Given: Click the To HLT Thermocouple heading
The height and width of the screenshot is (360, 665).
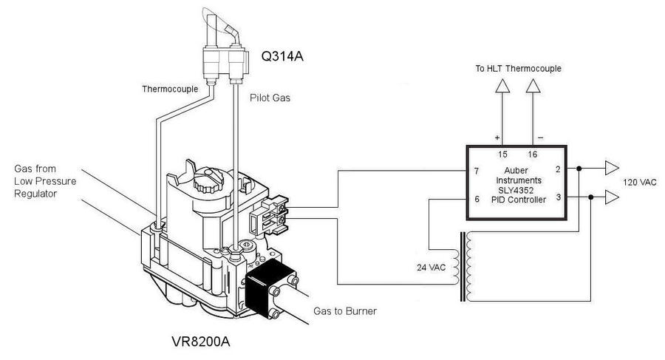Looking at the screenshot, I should coord(517,69).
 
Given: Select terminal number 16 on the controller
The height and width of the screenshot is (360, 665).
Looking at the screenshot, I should coord(532,154).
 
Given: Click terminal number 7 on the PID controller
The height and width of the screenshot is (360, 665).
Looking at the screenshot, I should coord(476,171).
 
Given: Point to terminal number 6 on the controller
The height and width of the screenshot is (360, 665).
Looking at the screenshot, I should coord(476,199).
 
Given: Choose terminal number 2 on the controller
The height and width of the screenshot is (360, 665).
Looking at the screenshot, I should coord(558,169).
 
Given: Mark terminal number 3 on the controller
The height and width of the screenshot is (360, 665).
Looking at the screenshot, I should coord(558,197).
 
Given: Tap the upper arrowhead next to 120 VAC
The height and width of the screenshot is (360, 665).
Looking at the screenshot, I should coord(613,168).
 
